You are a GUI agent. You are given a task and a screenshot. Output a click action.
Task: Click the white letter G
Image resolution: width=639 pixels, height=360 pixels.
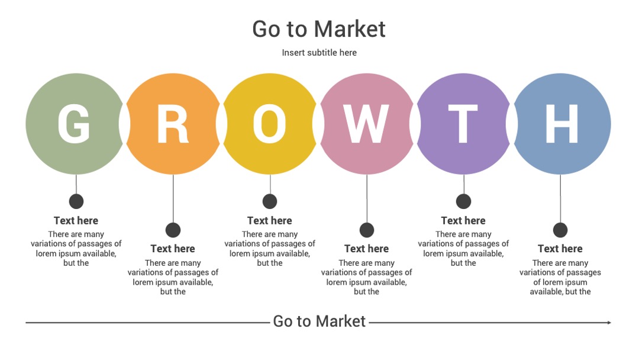[x=74, y=124]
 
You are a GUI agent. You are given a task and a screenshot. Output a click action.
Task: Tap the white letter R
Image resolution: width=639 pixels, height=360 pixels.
[x=173, y=124]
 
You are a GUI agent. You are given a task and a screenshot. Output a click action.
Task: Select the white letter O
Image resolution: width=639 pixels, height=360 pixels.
[x=269, y=124]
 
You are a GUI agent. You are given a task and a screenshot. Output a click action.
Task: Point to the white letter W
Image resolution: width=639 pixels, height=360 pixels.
[x=366, y=124]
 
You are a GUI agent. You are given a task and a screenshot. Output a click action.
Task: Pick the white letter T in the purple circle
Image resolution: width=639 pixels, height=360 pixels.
[x=463, y=124]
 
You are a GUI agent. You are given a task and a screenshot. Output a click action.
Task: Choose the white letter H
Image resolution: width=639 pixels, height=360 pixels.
[x=561, y=124]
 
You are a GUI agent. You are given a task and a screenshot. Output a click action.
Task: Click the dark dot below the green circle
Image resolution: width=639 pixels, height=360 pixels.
[x=76, y=201]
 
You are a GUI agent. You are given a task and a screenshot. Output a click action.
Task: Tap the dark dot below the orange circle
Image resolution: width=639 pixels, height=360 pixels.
[x=173, y=230]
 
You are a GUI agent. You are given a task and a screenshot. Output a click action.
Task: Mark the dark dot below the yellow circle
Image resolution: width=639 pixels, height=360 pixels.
[x=270, y=201]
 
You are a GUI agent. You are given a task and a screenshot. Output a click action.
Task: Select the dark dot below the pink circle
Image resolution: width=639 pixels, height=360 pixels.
[x=367, y=230]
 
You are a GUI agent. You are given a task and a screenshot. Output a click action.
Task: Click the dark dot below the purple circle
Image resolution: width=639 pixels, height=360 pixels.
[x=463, y=201]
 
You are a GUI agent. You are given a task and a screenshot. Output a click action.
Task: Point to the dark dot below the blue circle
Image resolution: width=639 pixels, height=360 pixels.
[x=560, y=230]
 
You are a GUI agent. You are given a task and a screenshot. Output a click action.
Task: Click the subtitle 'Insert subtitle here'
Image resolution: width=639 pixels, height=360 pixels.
[x=319, y=53]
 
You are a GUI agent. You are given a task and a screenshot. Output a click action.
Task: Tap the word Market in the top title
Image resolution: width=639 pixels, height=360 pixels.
[x=350, y=29]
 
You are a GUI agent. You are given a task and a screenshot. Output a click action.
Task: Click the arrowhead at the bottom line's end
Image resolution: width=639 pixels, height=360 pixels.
[x=609, y=323]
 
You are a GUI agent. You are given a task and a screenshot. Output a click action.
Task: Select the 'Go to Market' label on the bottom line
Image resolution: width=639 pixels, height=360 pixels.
[x=319, y=322]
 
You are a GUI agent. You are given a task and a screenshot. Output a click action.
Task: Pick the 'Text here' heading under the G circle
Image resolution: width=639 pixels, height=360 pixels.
[x=76, y=221]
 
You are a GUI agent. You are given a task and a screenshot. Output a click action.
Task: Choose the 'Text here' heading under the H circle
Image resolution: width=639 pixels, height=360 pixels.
[x=560, y=249]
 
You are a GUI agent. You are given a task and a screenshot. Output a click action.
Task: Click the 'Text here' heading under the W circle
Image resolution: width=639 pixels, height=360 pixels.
[x=366, y=249]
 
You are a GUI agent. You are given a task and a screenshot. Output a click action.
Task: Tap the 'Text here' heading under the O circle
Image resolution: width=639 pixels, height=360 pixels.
[x=269, y=221]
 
